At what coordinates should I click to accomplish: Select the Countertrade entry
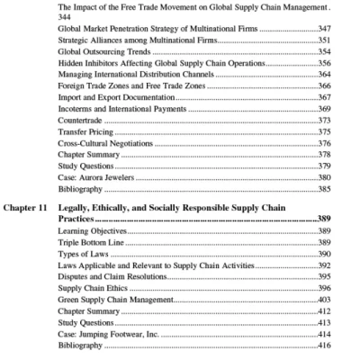tap(79, 119)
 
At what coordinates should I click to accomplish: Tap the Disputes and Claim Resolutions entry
tap(112, 276)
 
